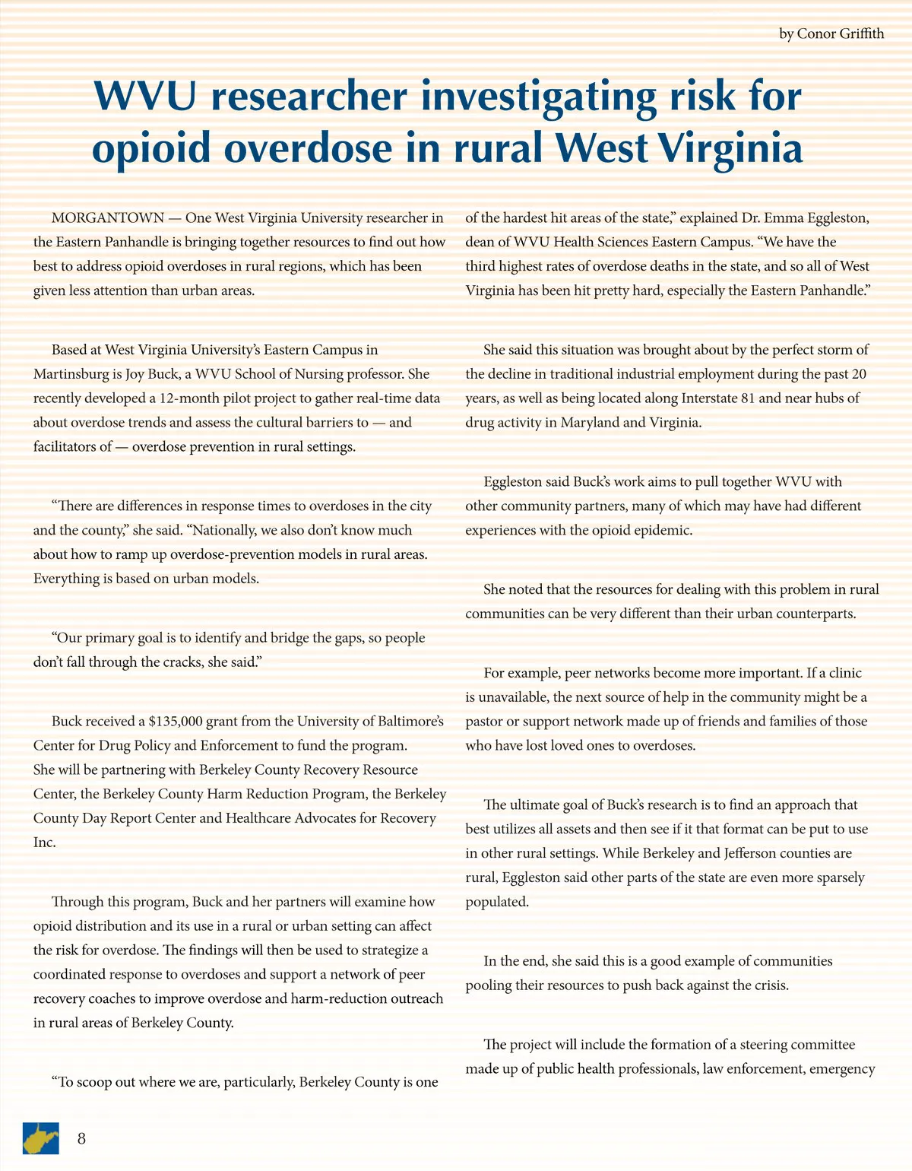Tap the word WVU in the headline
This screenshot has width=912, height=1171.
tap(144, 97)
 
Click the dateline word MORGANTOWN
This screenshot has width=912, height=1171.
tap(107, 218)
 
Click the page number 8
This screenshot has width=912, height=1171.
tap(81, 1138)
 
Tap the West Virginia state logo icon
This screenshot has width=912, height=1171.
tap(40, 1138)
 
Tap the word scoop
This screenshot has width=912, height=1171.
tap(96, 1082)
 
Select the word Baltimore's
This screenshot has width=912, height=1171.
tap(407, 722)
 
